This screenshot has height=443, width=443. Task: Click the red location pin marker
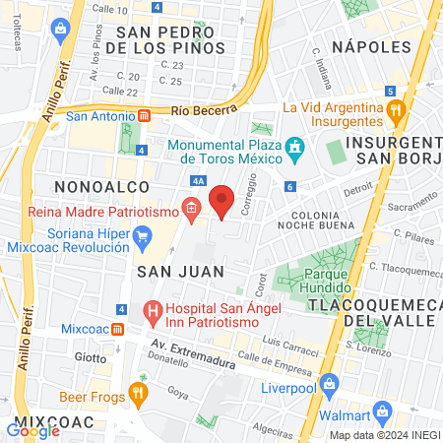point(222,200)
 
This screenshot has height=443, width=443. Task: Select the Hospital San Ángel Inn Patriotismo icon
point(153,314)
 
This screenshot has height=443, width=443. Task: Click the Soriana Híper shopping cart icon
point(143,236)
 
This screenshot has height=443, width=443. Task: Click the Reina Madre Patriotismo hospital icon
point(191,209)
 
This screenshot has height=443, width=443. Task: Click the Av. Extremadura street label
point(193,354)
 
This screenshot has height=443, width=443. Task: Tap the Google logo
point(32,428)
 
